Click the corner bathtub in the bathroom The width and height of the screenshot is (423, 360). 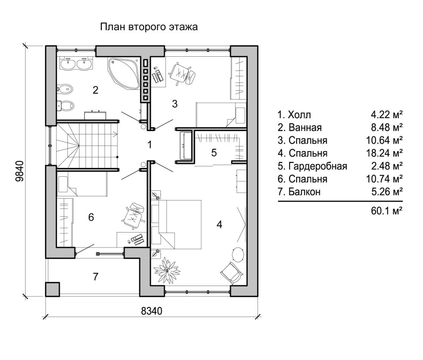pos(124,73)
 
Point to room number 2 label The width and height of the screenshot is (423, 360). pos(95,90)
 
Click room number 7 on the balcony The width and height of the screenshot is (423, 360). pos(95,277)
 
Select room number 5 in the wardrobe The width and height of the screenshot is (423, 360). pos(213,153)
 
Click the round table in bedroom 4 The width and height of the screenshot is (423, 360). pos(238,254)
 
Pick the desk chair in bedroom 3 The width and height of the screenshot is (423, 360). pos(182,73)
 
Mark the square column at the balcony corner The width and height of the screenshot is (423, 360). pos(53,289)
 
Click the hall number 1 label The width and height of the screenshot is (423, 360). pos(150,145)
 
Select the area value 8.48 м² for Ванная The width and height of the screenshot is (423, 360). pos(387,127)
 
